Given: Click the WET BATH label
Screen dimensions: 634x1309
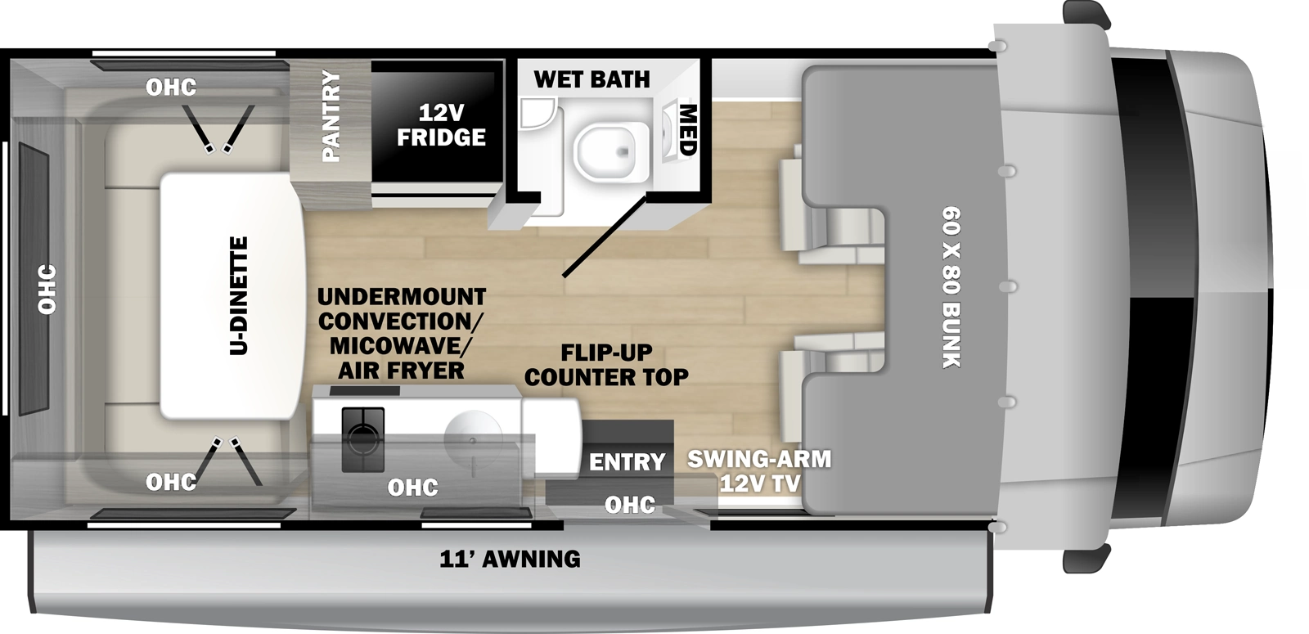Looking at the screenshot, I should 592,79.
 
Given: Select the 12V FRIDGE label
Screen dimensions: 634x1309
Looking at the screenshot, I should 441,124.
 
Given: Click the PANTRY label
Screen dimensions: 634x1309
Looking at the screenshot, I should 331,115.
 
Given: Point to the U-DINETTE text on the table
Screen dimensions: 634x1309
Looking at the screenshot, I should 238,295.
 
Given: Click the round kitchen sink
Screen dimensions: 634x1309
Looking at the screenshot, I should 474,438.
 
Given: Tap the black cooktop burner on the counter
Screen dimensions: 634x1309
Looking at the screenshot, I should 362,438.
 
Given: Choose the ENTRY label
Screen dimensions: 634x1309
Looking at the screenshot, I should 627,461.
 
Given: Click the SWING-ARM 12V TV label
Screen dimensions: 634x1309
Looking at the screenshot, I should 759,470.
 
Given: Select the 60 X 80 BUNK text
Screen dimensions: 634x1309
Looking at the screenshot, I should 951,287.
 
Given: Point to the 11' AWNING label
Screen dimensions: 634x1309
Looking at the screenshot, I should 510,559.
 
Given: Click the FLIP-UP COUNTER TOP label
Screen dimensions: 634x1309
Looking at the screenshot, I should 606,365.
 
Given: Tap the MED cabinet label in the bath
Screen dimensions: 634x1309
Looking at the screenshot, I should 686,129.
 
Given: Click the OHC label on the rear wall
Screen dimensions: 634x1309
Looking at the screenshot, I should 47,289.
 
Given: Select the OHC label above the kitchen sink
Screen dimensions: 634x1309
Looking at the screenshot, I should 412,488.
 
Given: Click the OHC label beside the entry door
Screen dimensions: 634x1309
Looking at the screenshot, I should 629,505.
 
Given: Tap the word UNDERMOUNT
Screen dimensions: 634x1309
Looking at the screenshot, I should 401,296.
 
